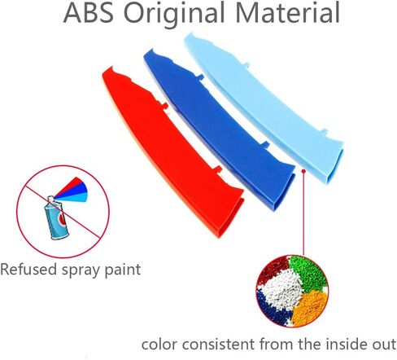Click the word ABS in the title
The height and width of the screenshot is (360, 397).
tap(89, 12)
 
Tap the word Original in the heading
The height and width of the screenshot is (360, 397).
tap(174, 15)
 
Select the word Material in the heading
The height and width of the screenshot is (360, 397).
tap(287, 12)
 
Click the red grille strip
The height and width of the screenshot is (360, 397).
tap(173, 152)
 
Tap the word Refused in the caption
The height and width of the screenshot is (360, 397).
tap(28, 270)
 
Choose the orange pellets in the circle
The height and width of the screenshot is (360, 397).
tap(311, 308)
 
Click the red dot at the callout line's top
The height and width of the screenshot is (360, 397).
tap(303, 171)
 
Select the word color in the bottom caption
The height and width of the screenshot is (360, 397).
tap(159, 345)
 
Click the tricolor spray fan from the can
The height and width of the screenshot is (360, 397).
tap(72, 191)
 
